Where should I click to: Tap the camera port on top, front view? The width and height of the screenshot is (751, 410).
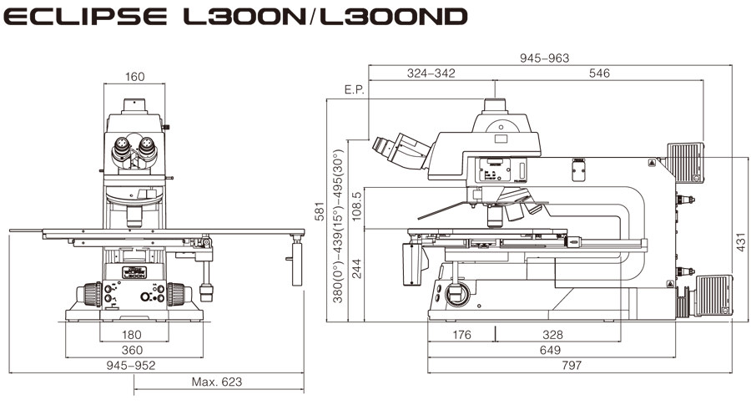(134, 106)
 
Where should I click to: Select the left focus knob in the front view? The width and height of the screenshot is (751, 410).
(89, 295)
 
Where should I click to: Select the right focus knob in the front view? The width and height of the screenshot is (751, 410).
(178, 295)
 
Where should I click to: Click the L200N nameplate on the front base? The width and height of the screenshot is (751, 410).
(134, 272)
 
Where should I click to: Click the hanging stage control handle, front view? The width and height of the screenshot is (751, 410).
(206, 280)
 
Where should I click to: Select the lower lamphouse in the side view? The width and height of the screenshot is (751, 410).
(713, 295)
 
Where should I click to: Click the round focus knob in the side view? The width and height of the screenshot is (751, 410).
(455, 293)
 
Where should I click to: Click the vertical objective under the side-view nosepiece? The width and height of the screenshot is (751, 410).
(495, 216)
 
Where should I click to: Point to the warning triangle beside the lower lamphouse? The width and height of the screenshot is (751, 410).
(670, 284)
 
